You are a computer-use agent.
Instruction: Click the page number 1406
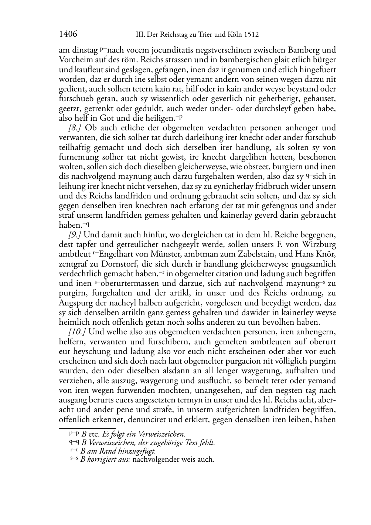coord(68,34)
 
